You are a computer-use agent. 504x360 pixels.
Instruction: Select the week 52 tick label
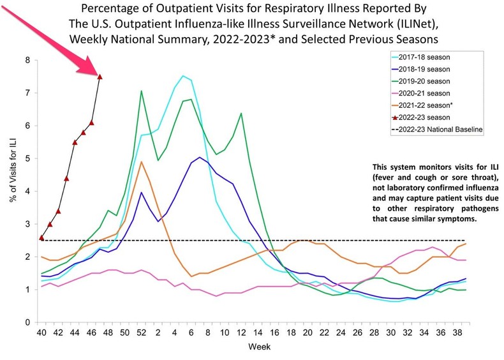pyautogui.click(x=141, y=334)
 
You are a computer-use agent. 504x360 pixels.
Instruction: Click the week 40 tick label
pyautogui.click(x=41, y=334)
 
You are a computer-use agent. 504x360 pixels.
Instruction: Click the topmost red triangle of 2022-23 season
pyautogui.click(x=100, y=77)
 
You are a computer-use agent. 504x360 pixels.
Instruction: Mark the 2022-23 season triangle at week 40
pyautogui.click(x=41, y=237)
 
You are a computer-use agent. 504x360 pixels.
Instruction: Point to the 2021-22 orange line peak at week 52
pyautogui.click(x=141, y=161)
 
